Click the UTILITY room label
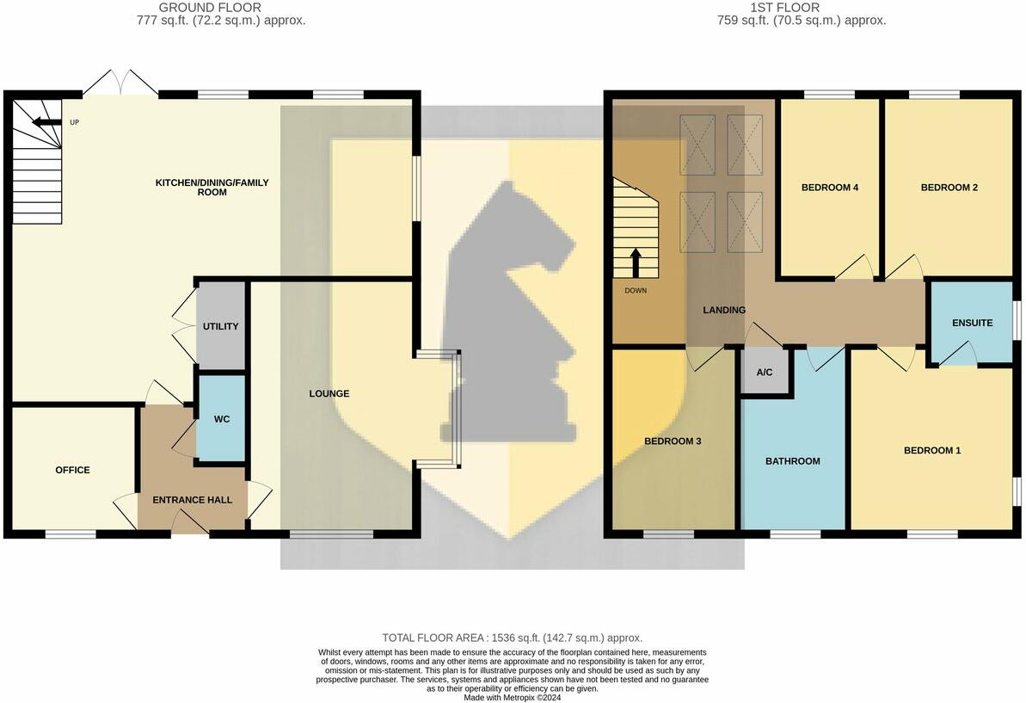(x=220, y=327)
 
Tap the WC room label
(x=222, y=420)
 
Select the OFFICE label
(x=72, y=471)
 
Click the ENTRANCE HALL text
(x=192, y=500)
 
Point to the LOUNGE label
(x=329, y=394)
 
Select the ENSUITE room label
(x=972, y=324)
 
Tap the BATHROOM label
(x=793, y=461)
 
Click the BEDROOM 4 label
(x=830, y=188)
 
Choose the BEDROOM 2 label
(x=949, y=188)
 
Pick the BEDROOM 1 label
(x=932, y=451)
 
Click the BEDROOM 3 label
(x=673, y=441)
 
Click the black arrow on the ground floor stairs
(x=41, y=122)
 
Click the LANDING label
(x=724, y=311)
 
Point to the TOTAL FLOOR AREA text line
(x=513, y=638)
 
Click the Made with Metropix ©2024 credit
(x=513, y=698)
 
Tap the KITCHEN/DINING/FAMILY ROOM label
(x=212, y=188)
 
